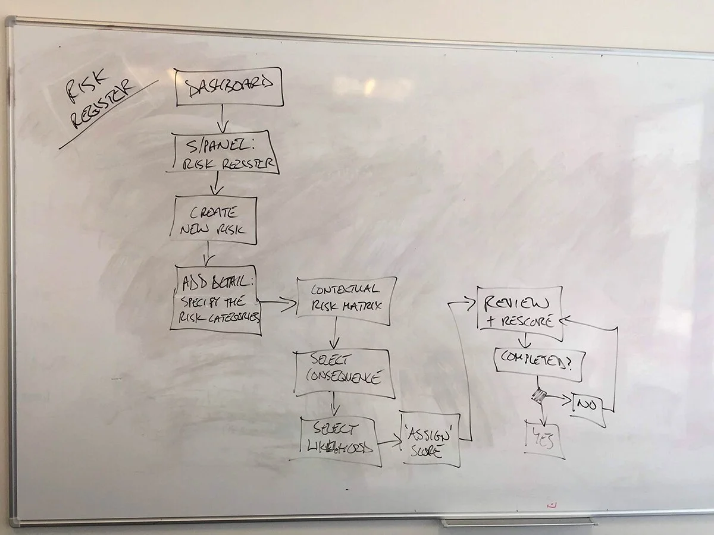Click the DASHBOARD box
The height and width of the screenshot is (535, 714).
pos(228,87)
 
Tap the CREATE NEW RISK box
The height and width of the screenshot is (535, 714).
pos(216,220)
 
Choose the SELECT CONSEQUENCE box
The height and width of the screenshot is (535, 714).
pos(345,372)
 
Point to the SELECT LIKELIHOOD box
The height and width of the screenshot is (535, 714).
pos(338,439)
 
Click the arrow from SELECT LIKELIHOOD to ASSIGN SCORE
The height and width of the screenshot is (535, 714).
pos(389,442)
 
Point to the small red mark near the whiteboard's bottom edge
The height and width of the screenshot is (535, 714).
pos(553,504)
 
